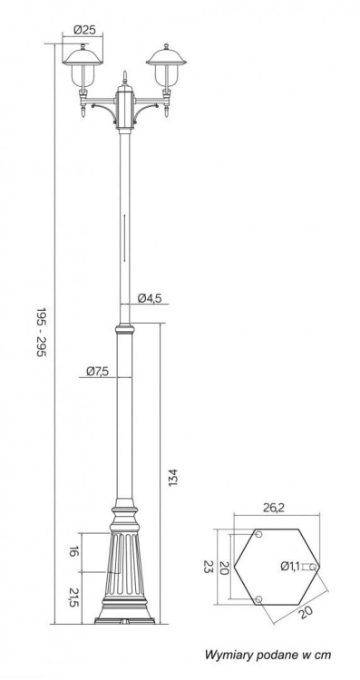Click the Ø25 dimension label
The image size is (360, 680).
tap(84, 30)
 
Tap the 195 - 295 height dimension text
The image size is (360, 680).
tap(41, 332)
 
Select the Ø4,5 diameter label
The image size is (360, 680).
tap(150, 298)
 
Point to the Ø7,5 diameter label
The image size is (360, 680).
tap(97, 371)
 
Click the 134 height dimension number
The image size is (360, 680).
tap(173, 477)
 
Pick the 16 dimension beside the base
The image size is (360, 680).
tap(73, 552)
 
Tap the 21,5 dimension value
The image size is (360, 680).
tap(73, 597)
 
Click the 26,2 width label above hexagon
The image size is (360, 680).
tap(274, 509)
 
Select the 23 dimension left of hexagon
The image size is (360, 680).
tap(209, 567)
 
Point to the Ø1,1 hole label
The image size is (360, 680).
tap(290, 566)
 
